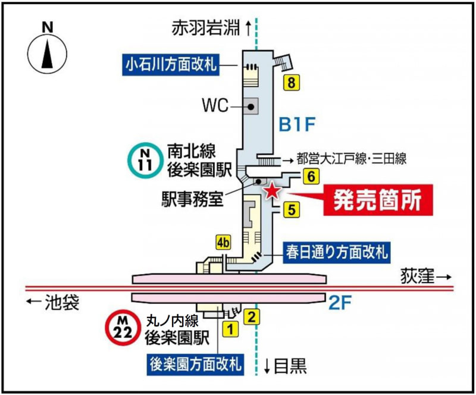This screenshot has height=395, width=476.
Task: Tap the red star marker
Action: [272, 190]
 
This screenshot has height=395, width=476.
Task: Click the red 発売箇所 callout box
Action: [377, 200]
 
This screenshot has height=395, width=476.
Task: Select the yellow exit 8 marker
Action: [290, 82]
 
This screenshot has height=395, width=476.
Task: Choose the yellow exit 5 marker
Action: [290, 209]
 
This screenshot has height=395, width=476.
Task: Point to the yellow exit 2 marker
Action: [253, 316]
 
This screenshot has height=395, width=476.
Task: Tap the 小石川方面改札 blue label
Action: [172, 63]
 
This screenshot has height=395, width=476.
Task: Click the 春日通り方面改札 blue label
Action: [335, 252]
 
